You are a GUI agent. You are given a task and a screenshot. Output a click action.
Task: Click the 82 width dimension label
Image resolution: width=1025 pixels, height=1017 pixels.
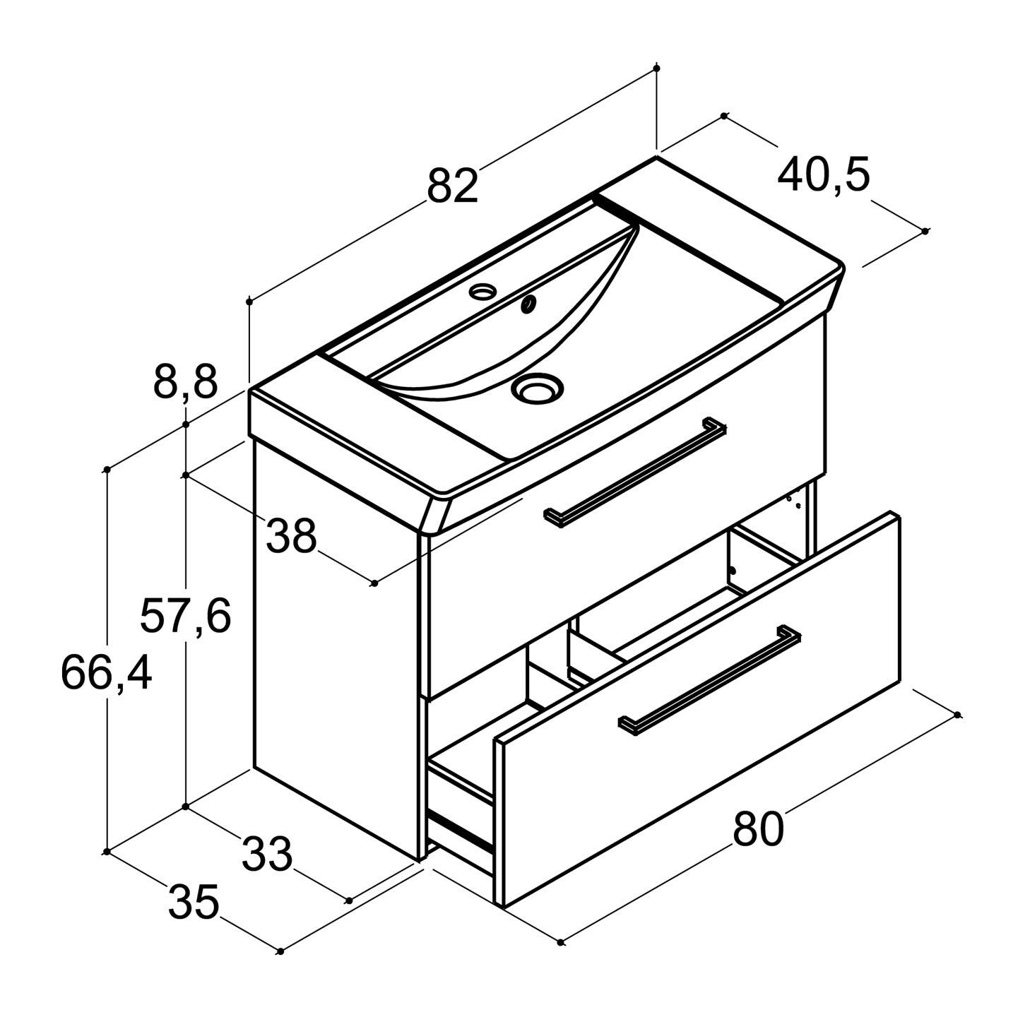click(x=453, y=186)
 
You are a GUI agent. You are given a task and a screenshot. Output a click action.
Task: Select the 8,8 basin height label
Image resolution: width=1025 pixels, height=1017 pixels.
click(x=186, y=383)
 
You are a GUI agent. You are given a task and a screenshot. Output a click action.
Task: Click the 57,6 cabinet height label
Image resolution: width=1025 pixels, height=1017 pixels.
click(x=186, y=616)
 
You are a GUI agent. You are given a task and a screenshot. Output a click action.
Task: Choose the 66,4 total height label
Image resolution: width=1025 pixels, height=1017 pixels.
click(x=107, y=673)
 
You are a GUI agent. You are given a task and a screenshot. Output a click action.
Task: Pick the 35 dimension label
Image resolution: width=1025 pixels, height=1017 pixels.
click(x=194, y=902)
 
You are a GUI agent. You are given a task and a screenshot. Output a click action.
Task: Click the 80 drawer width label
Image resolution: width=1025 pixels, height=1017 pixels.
click(x=759, y=829)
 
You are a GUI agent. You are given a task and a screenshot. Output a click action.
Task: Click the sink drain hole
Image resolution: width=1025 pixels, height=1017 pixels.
click(x=537, y=387)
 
